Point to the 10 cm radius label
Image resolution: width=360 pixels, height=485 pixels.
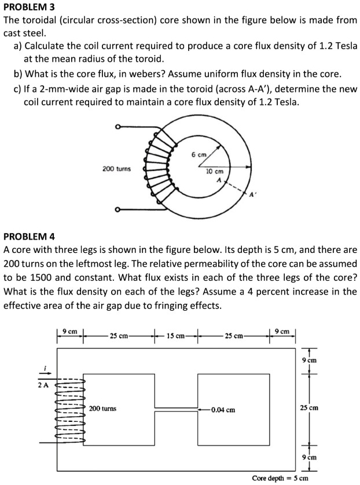coord(215,171)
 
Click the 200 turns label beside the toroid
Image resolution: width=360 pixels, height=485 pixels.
coord(116,169)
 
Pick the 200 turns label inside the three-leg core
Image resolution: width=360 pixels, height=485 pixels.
coord(102,409)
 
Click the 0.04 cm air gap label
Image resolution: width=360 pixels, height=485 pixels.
coord(223,410)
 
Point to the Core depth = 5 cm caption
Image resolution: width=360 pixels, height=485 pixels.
coord(280,478)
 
